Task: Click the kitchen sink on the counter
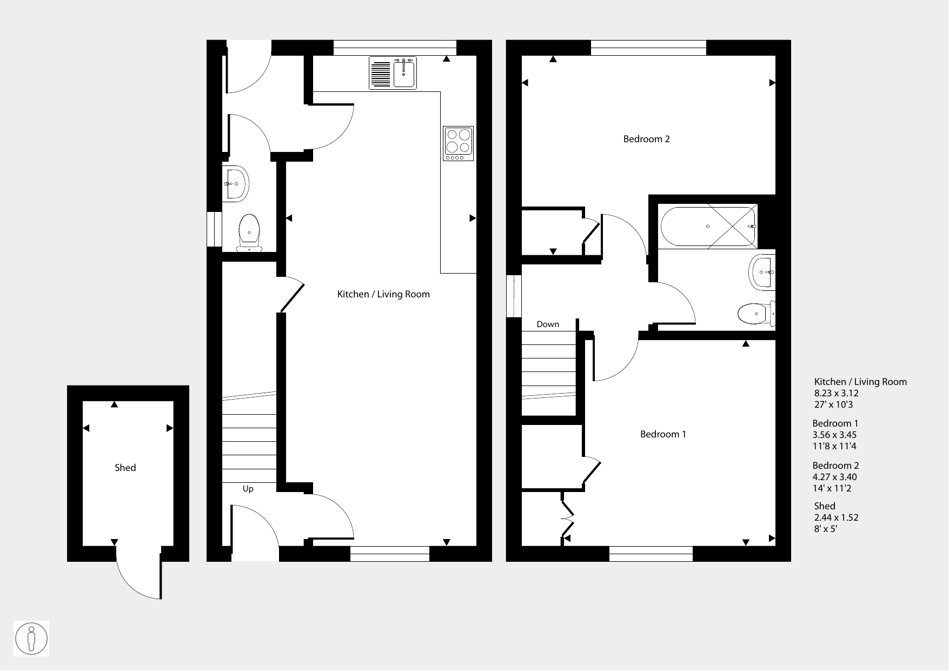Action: (x=393, y=72)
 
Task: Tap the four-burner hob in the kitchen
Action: (x=458, y=143)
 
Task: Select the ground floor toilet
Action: (x=249, y=232)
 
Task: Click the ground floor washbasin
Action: (x=235, y=184)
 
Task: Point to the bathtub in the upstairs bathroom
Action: (x=708, y=226)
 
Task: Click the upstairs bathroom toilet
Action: (x=756, y=313)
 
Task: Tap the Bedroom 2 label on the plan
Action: (x=646, y=139)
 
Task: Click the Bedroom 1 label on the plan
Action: (x=663, y=434)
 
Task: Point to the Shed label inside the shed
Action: (x=125, y=468)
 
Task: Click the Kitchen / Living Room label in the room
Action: (x=383, y=294)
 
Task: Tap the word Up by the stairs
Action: (x=248, y=489)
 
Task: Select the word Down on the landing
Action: (x=548, y=324)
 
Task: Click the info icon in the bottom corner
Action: (x=32, y=639)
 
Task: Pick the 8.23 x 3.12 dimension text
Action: (x=837, y=393)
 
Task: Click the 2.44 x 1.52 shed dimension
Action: (x=837, y=517)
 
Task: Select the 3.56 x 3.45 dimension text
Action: (x=835, y=435)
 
